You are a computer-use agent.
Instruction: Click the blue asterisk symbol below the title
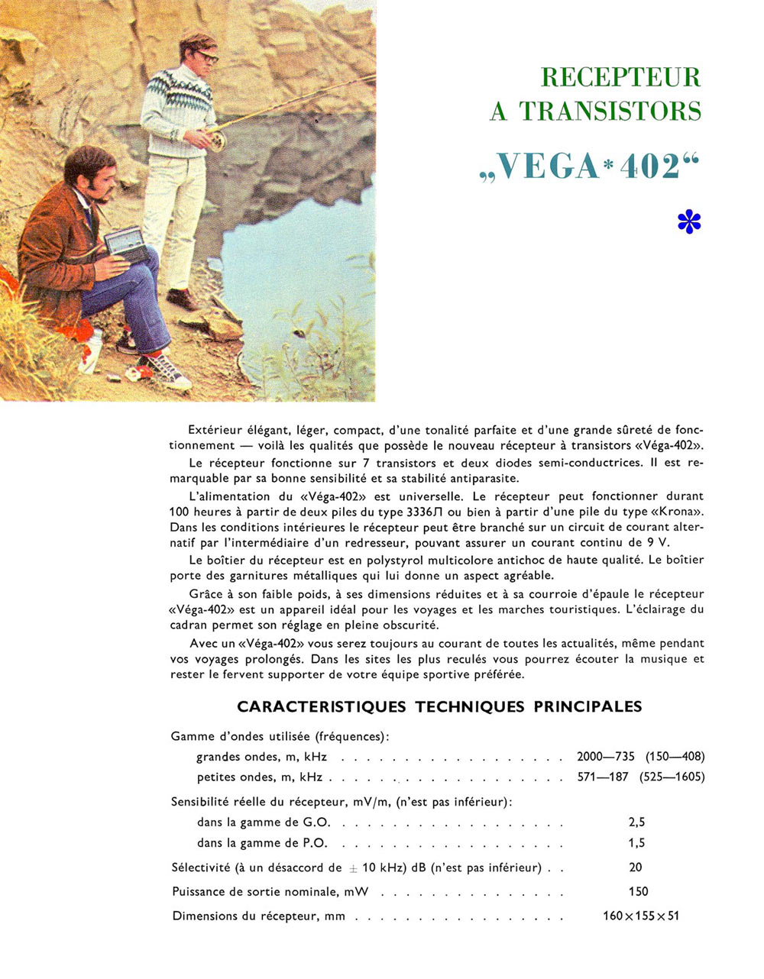688,221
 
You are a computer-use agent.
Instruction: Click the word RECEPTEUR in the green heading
620,77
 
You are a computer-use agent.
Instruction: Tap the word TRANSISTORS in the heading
610,111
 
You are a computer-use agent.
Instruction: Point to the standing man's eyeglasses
204,56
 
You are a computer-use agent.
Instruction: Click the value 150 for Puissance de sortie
638,891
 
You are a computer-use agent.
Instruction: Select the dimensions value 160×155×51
640,916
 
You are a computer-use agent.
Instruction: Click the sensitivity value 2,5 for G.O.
636,822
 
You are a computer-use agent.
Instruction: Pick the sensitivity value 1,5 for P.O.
636,843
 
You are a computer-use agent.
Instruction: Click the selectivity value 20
636,867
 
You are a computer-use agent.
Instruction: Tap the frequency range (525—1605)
675,777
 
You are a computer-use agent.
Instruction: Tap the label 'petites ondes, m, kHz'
259,777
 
